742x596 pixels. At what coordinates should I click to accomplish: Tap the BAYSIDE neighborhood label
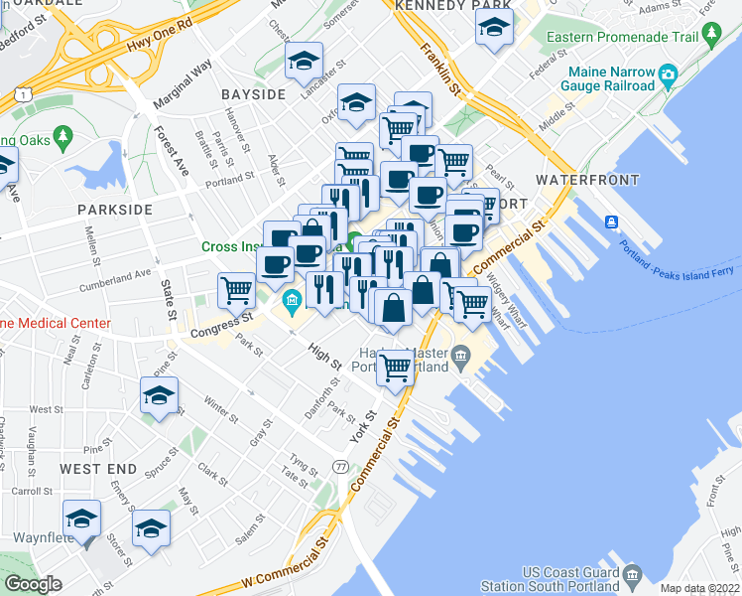tap(253, 94)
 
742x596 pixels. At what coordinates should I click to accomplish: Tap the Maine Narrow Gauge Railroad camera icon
tap(668, 74)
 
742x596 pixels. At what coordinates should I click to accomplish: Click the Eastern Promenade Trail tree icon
tap(710, 37)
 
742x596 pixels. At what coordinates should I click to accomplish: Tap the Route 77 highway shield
tap(341, 467)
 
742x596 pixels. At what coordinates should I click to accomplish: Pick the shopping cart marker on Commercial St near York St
tap(396, 368)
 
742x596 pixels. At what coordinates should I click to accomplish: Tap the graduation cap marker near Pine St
tap(158, 396)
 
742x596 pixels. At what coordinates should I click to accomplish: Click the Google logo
tap(33, 584)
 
